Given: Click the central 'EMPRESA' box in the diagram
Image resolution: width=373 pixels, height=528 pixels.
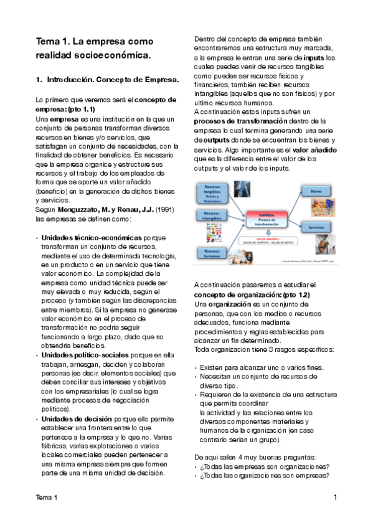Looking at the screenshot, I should coord(266,218).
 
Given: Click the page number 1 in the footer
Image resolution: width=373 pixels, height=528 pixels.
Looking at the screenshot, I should coord(335,497).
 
